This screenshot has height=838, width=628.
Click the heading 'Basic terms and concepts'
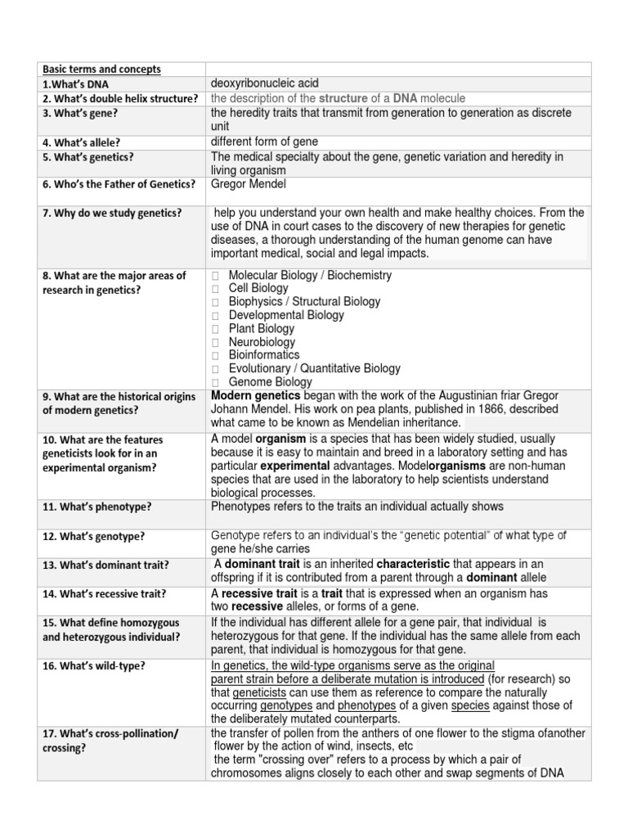click(x=102, y=69)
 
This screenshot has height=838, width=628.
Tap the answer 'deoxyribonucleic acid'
click(x=265, y=83)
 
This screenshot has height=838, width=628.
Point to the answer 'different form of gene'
click(x=264, y=142)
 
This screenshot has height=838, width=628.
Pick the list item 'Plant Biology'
click(x=261, y=329)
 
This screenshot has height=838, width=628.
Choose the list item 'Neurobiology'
click(x=262, y=342)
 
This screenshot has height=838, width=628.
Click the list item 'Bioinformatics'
click(x=264, y=355)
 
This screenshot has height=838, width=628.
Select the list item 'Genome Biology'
click(x=270, y=382)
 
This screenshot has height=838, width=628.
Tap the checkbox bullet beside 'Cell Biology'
click(x=215, y=289)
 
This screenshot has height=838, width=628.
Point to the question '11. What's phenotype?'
click(x=97, y=507)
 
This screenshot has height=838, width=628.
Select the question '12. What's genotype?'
click(x=94, y=537)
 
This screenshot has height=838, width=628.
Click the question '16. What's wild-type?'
click(x=94, y=666)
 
